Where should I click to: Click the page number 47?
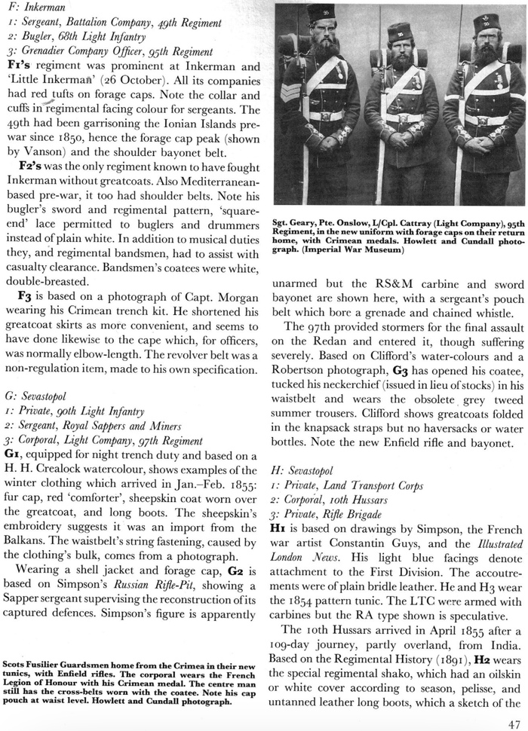[514, 721]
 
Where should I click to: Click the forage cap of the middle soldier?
[398, 32]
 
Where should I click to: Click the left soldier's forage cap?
[321, 14]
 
